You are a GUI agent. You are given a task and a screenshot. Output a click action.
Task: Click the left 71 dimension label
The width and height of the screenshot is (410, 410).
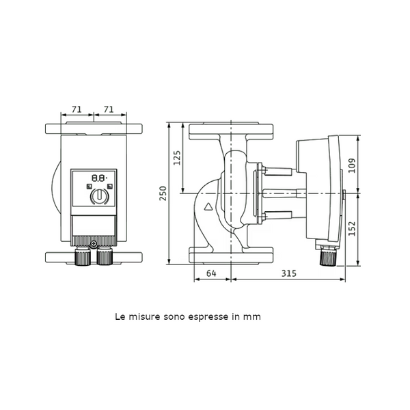[77, 109]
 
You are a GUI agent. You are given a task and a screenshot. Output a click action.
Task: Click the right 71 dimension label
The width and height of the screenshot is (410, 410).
[109, 109]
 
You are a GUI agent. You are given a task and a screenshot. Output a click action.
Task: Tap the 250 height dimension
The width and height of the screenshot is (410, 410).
[163, 193]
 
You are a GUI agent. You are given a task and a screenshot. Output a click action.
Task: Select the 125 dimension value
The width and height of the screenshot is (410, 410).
[177, 158]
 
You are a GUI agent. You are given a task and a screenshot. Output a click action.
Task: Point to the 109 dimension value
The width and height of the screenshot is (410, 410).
[352, 165]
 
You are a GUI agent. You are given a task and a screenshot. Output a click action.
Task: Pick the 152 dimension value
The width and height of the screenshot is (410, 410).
[352, 228]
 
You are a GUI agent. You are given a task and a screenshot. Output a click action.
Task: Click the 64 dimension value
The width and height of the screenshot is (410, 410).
[211, 273]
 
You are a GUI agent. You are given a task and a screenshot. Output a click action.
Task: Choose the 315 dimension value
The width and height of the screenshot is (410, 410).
[289, 273]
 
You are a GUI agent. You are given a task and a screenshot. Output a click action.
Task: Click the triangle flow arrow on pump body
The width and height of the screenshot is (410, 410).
[208, 207]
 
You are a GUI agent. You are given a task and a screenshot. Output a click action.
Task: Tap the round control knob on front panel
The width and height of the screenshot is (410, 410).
[99, 196]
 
